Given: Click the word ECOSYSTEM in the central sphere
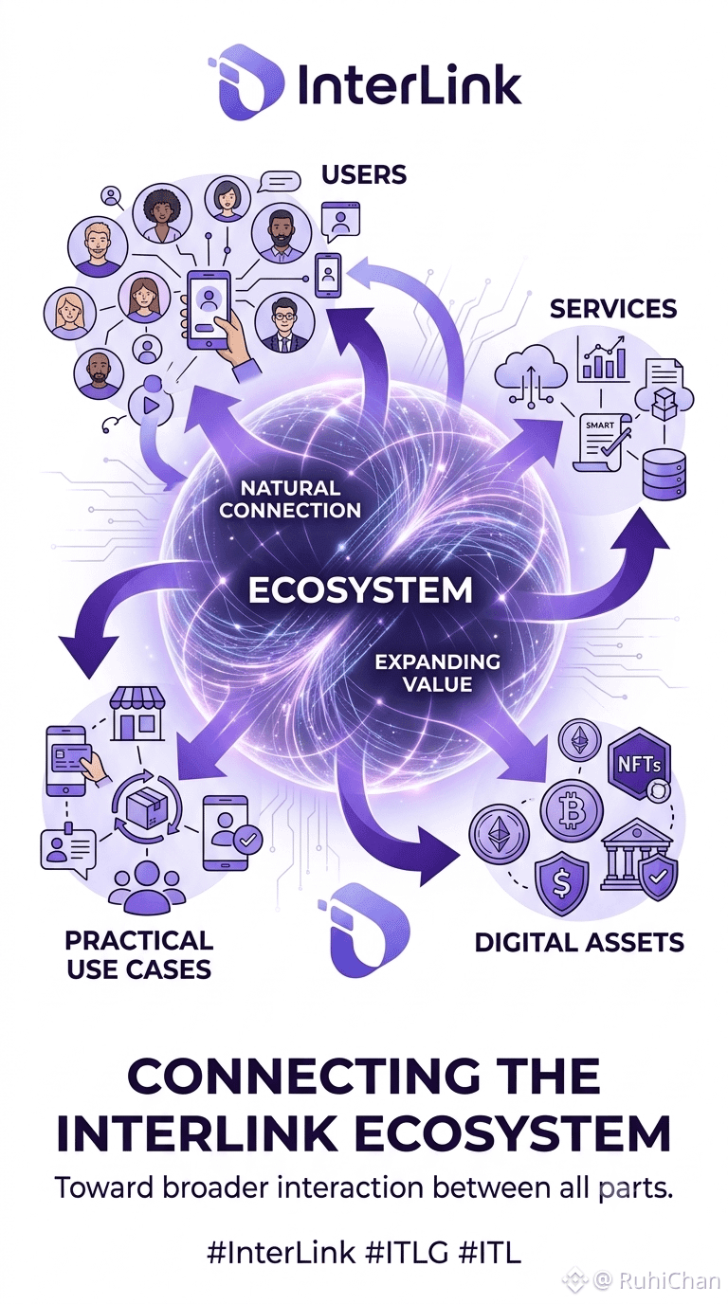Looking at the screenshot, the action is [x=360, y=590].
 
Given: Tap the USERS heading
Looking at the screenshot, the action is [x=364, y=174].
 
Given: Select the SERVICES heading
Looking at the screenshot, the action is [x=613, y=309].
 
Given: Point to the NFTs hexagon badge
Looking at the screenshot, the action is [x=639, y=764].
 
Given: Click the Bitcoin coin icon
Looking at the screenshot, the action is [x=572, y=809].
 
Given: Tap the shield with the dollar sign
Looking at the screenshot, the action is [x=561, y=883].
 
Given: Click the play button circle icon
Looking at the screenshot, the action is [x=151, y=406].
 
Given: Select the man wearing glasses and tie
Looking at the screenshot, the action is [x=284, y=323].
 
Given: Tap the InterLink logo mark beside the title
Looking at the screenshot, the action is [x=246, y=82].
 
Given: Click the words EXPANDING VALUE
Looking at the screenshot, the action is [x=437, y=673].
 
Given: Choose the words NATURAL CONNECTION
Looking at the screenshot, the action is [x=290, y=498].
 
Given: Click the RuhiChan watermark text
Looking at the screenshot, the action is [x=668, y=1280].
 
